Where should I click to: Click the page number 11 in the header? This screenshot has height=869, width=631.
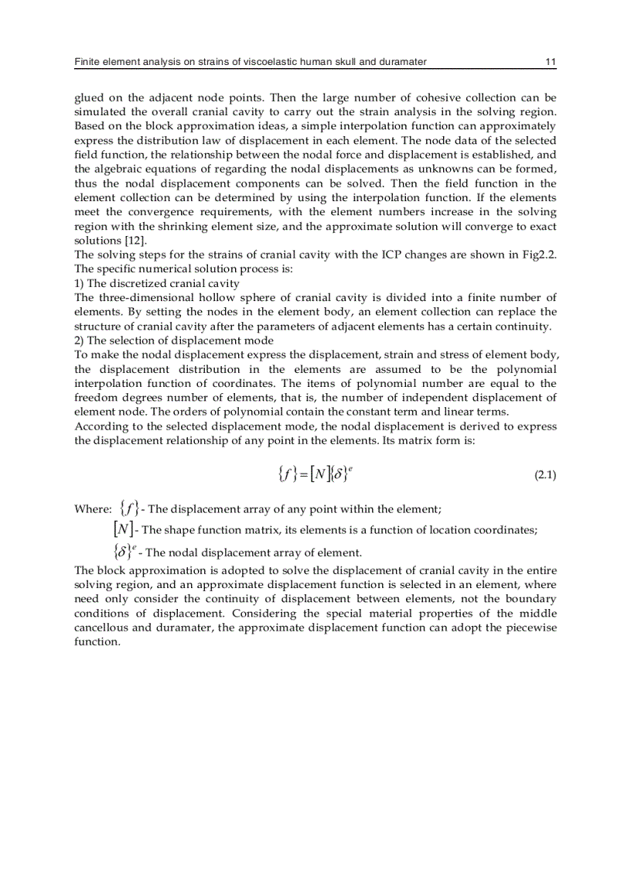(x=550, y=61)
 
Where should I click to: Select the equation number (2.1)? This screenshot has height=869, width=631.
(x=545, y=475)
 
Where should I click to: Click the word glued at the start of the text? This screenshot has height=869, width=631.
(x=90, y=98)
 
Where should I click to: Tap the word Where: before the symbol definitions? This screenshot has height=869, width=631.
(x=93, y=509)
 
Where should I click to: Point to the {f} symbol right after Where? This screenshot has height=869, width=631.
(x=131, y=508)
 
